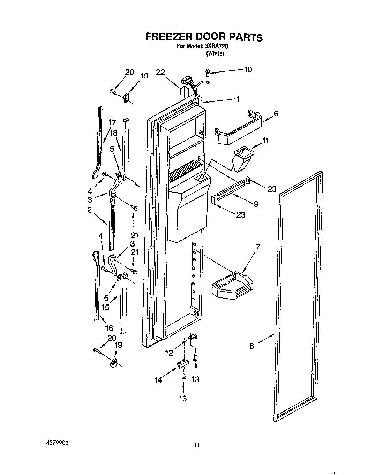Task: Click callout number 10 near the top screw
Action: tap(247, 69)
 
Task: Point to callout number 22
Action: tap(160, 72)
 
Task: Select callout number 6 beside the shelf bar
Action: tap(276, 114)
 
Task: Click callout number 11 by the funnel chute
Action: tap(265, 141)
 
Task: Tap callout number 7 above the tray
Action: tap(257, 247)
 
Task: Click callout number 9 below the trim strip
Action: tap(256, 204)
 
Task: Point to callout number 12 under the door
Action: tap(169, 353)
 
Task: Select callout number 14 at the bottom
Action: tap(158, 380)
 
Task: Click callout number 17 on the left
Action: tap(112, 122)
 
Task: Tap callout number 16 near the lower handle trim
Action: tap(109, 328)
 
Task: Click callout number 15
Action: tap(105, 307)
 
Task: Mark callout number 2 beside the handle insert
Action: tap(89, 210)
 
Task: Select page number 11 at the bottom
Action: tap(197, 445)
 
